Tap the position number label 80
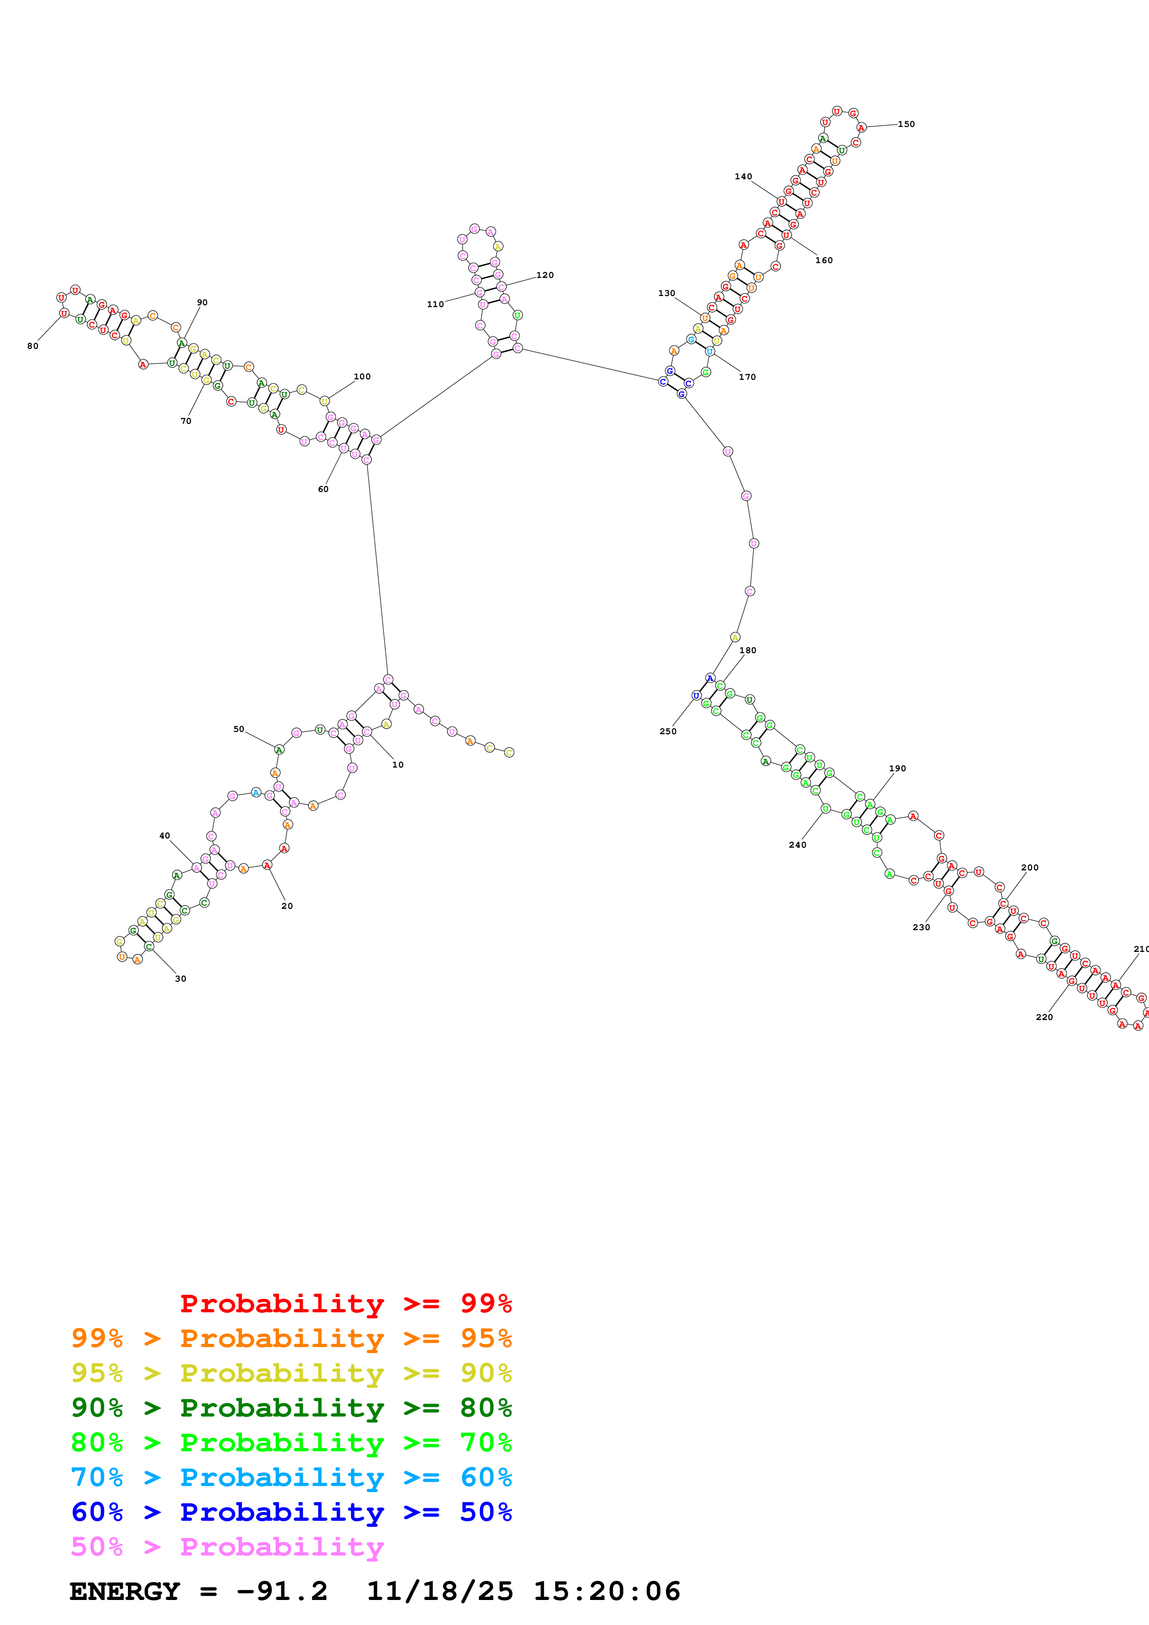tap(32, 346)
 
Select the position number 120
tap(545, 275)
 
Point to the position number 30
tap(180, 979)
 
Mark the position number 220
tap(1044, 1017)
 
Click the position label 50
tap(239, 729)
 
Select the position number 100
tap(362, 377)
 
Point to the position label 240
tap(797, 844)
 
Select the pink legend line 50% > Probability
tap(227, 1547)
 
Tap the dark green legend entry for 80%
tap(291, 1408)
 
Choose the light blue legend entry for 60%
tap(291, 1478)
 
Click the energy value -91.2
tap(282, 1592)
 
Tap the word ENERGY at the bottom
tap(125, 1592)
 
